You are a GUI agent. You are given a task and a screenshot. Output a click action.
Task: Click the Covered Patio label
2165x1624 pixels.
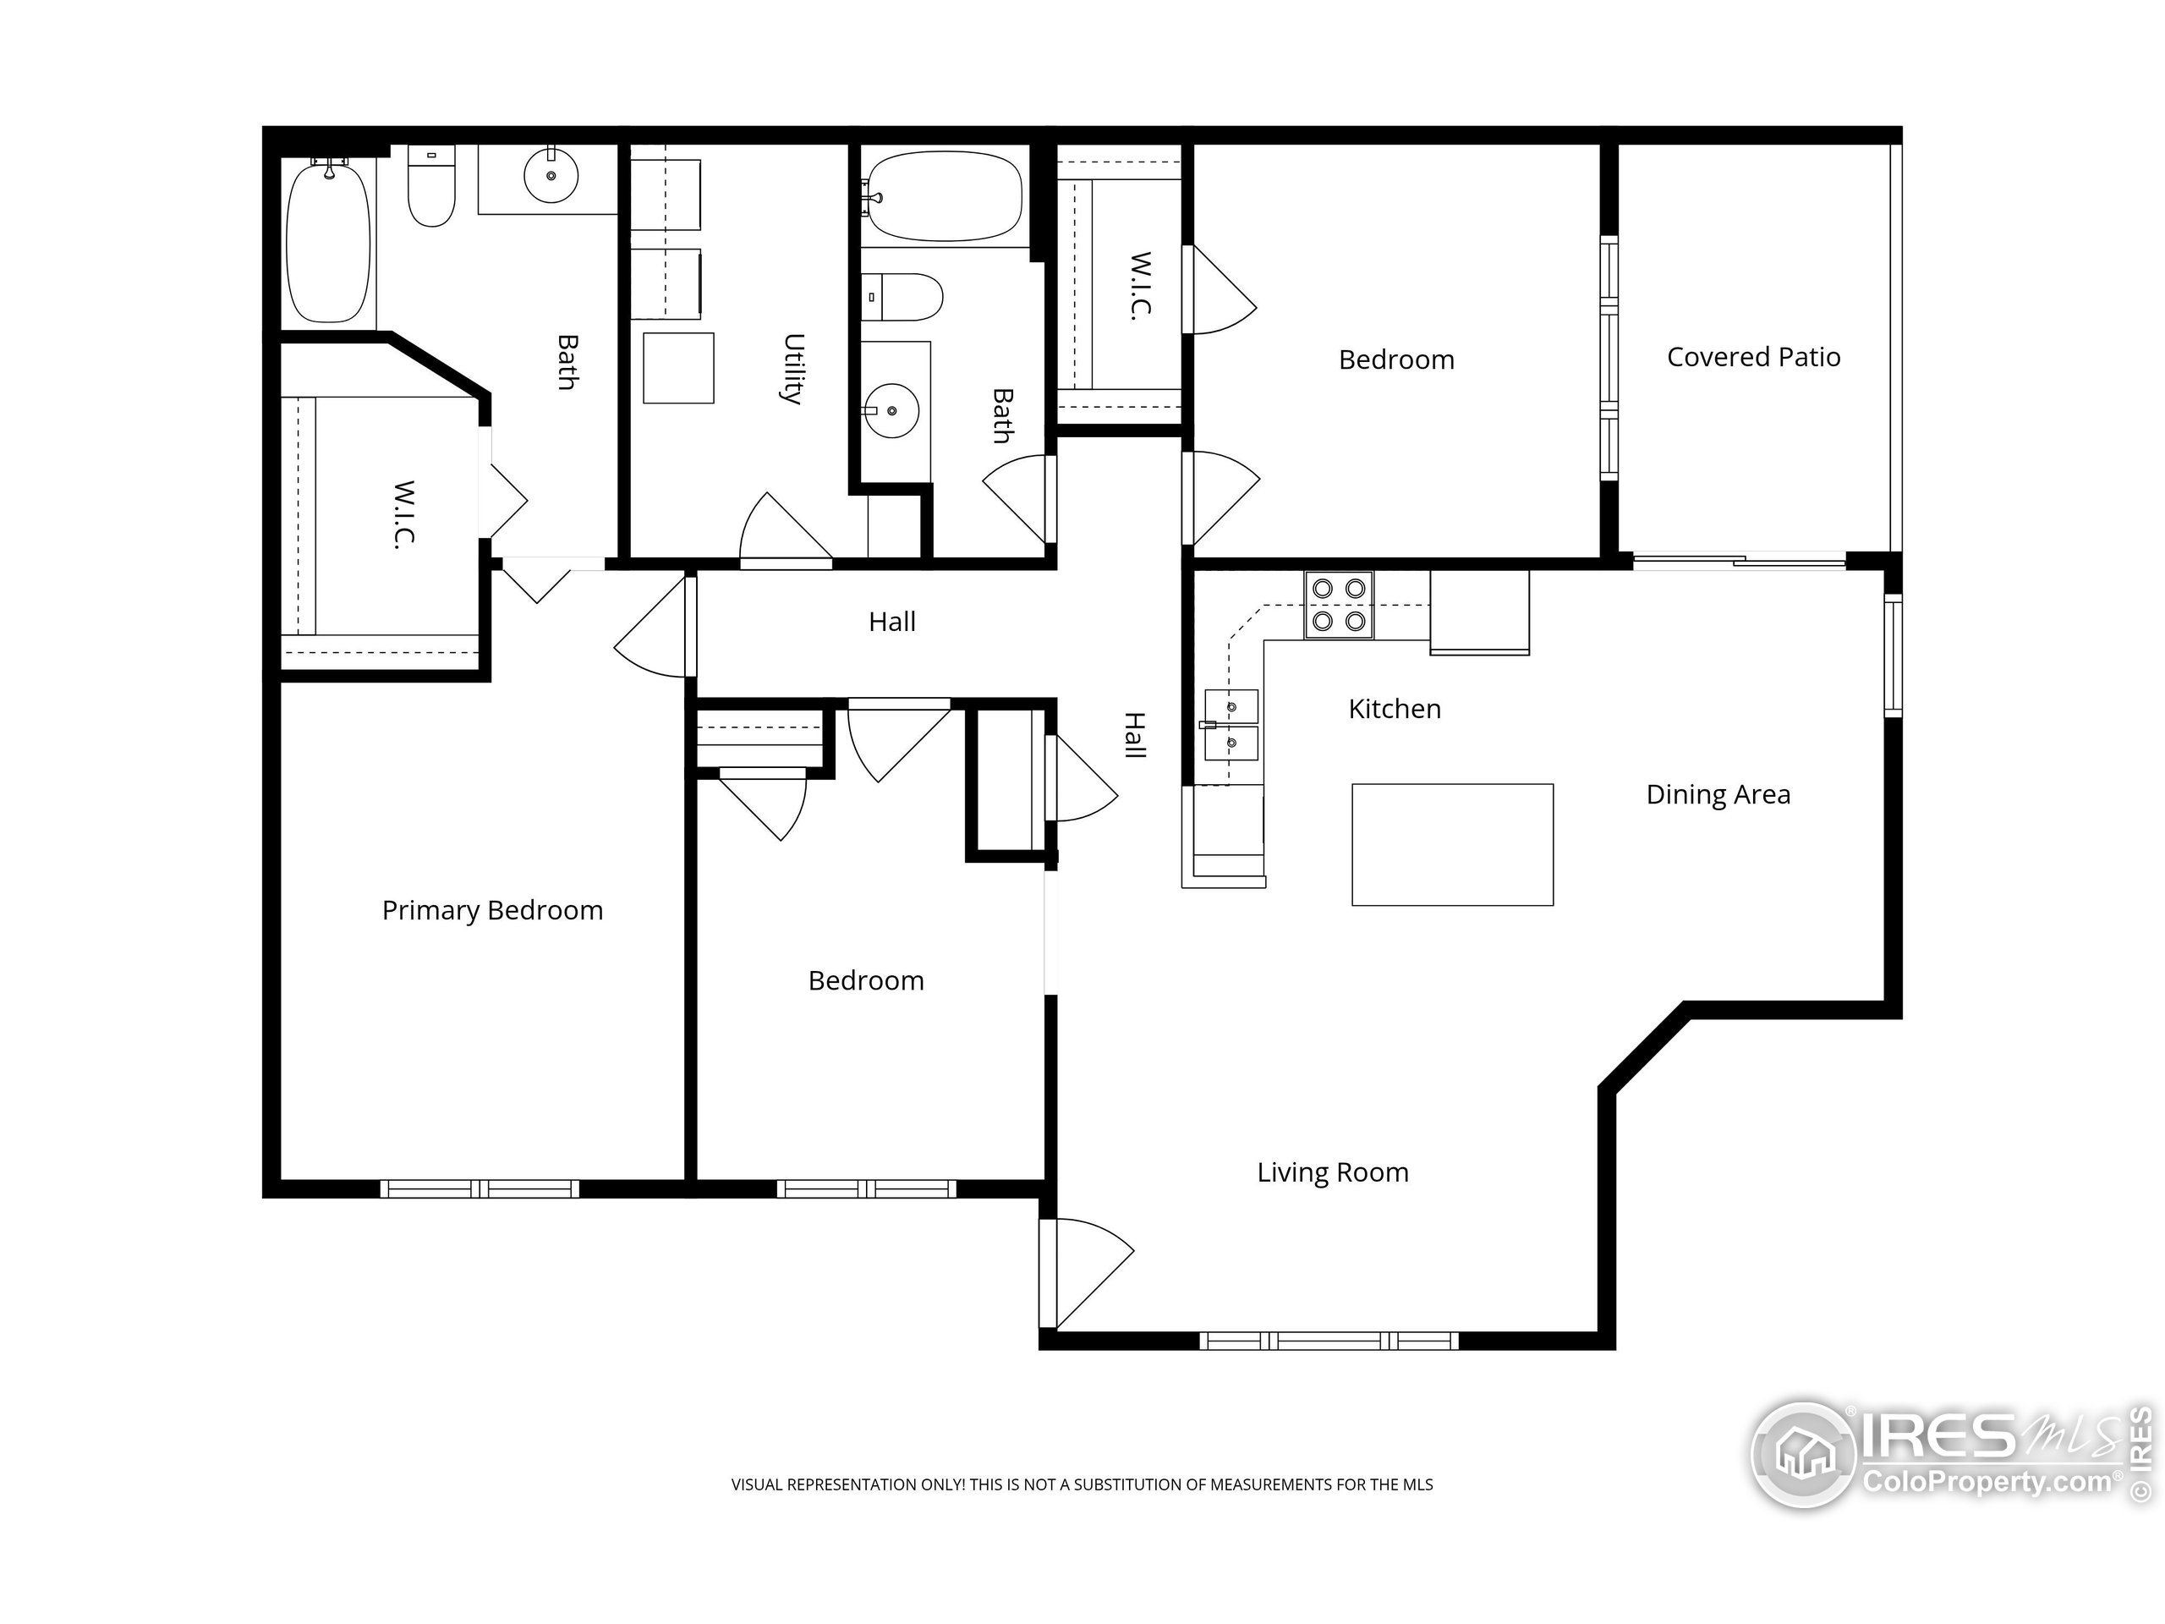click(1753, 357)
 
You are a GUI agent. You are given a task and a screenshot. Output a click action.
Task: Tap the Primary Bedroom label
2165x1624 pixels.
click(492, 911)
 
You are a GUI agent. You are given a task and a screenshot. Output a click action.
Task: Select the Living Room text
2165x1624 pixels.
click(1332, 1172)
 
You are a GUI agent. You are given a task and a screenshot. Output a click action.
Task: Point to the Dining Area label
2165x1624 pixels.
click(1718, 795)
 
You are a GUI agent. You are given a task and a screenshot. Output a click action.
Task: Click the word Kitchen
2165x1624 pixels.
click(1394, 709)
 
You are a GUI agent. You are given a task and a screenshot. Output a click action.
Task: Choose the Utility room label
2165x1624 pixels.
click(794, 369)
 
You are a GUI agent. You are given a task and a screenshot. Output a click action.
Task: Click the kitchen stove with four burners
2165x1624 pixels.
click(1338, 604)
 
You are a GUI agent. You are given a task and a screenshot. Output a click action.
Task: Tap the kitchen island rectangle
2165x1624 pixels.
click(1452, 844)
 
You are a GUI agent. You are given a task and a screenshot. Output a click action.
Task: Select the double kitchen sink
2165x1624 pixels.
click(1230, 726)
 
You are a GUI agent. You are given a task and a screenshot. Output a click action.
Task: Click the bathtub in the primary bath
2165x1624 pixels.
click(328, 242)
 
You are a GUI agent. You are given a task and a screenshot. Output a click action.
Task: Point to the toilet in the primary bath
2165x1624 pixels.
click(431, 186)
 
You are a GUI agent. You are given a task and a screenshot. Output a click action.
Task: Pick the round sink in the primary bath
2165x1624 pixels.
click(551, 176)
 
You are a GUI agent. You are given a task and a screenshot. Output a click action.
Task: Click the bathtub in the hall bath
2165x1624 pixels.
click(945, 195)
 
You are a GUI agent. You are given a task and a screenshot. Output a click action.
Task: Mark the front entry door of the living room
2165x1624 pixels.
click(1087, 1273)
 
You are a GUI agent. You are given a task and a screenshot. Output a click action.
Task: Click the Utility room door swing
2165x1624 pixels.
click(785, 529)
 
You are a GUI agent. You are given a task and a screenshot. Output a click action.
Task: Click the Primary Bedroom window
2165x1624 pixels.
click(480, 1189)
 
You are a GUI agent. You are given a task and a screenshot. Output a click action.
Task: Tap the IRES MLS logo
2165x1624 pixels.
click(1952, 1455)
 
